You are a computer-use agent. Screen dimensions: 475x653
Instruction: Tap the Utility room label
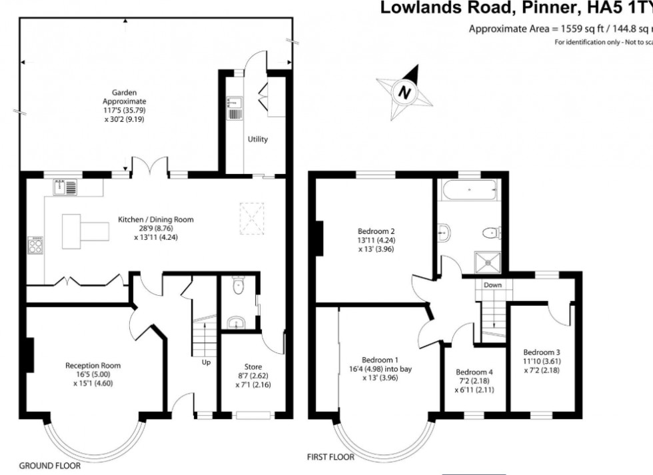pos(258,139)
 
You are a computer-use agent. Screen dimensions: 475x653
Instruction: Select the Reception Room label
pos(93,365)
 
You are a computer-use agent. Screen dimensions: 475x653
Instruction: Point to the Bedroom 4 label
pos(474,372)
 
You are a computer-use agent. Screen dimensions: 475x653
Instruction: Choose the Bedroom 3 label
pos(541,352)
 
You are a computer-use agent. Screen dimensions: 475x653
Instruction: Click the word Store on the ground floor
pos(253,367)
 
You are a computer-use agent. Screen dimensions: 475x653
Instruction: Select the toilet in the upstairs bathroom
pos(492,233)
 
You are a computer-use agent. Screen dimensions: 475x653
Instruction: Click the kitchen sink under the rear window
pos(65,187)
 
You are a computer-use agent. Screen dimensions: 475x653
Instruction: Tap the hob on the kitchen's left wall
pos(35,246)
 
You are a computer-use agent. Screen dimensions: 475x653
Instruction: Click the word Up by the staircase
pos(207,362)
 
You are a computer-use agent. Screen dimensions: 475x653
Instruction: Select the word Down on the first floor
pos(493,284)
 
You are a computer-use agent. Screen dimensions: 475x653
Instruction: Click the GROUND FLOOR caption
pos(50,466)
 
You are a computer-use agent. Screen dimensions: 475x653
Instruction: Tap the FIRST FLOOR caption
pos(330,458)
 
